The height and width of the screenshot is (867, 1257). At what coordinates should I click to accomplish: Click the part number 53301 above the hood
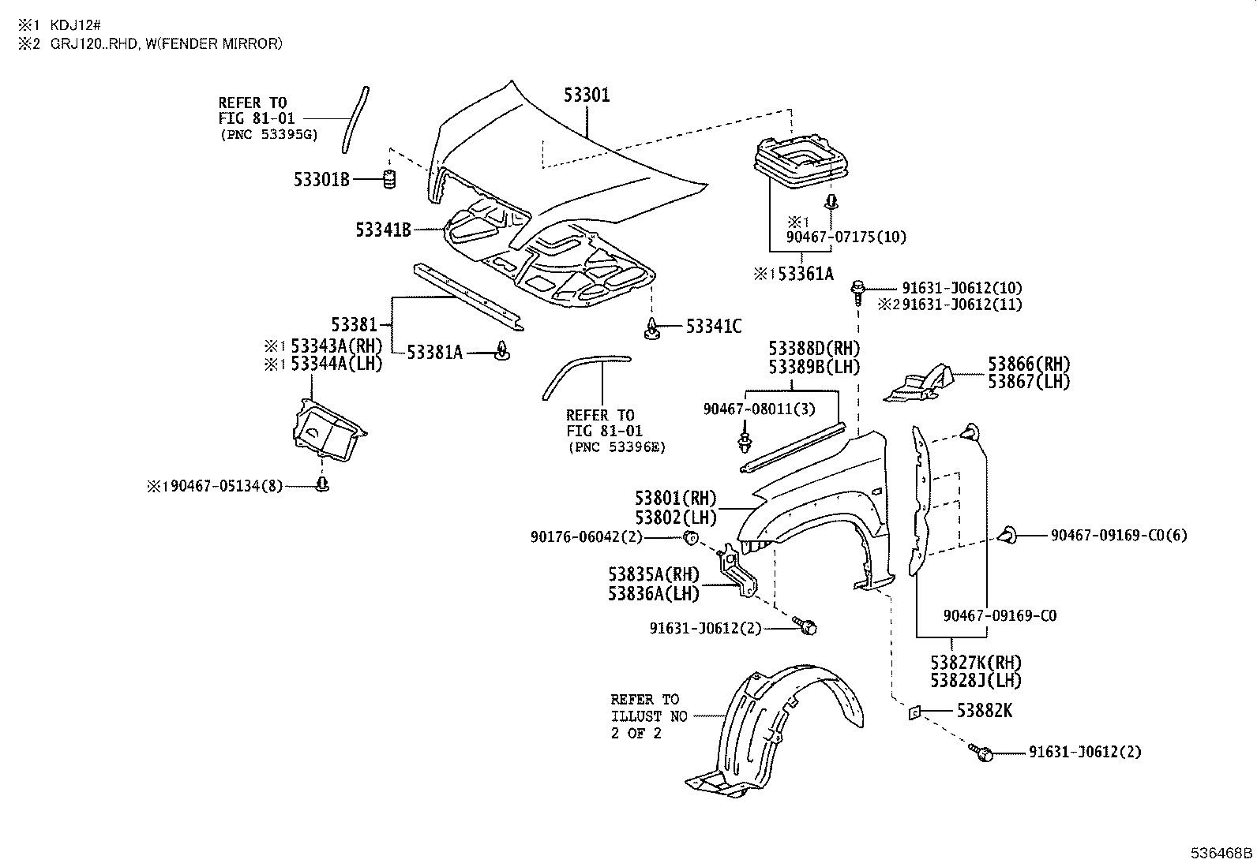pos(587,95)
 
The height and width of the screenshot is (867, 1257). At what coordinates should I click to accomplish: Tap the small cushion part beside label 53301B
pos(389,179)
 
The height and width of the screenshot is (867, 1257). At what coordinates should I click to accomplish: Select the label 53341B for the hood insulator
pos(383,230)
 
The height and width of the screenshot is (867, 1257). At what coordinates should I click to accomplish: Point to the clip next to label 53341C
pos(651,329)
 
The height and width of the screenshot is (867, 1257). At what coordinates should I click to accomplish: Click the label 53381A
pos(434,352)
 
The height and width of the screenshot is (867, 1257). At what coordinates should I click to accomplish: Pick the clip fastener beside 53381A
pos(502,350)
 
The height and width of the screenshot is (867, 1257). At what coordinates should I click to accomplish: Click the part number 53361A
pos(806,274)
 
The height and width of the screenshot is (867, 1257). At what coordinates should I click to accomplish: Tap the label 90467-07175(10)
pos(846,237)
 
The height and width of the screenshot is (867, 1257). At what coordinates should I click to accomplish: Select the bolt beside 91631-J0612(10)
pos(857,292)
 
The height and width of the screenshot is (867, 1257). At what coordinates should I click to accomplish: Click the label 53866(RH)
pos(1029,364)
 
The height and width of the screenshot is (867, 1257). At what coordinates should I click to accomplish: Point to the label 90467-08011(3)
pos(760,409)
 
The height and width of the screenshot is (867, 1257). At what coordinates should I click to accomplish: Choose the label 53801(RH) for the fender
pos(676,498)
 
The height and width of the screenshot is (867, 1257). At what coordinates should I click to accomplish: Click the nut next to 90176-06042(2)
pos(692,538)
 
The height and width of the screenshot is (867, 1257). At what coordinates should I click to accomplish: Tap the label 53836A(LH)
pos(654,593)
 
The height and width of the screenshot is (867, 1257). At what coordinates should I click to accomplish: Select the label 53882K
pos(985,711)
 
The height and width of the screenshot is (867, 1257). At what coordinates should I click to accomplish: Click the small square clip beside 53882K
pos(914,713)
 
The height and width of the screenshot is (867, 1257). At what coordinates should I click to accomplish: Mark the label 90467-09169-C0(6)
pos(1119,536)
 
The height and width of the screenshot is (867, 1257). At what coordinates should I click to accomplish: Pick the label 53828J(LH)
pos(976,680)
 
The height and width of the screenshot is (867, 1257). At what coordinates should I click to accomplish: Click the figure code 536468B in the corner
pos(1221,853)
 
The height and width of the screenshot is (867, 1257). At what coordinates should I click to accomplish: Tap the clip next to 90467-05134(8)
pos(322,484)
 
